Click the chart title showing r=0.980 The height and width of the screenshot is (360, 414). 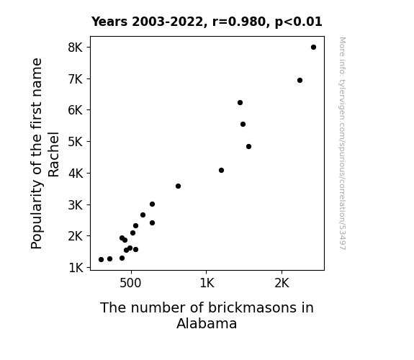click(x=207, y=22)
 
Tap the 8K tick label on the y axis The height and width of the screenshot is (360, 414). click(x=76, y=48)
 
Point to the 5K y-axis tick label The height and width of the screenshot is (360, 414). click(x=76, y=142)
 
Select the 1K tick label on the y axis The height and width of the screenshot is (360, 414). click(x=76, y=268)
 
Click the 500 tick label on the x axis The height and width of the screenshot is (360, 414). click(x=130, y=283)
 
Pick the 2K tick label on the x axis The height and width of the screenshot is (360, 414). click(x=282, y=283)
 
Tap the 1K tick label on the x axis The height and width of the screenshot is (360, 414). click(x=207, y=283)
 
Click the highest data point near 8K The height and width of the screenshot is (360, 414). click(x=313, y=48)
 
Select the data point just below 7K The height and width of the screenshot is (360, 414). click(x=300, y=81)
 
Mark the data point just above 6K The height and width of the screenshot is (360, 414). click(x=240, y=102)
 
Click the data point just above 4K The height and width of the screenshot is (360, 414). click(x=221, y=171)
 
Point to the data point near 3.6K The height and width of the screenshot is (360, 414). click(x=179, y=186)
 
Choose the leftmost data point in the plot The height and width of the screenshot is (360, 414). click(x=101, y=260)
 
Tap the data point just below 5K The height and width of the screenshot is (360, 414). click(x=248, y=147)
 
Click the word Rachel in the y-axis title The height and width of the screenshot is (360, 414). click(x=53, y=154)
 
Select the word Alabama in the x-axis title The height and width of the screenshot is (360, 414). click(x=207, y=323)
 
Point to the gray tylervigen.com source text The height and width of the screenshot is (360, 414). click(x=343, y=143)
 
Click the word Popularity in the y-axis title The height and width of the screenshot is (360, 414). click(x=37, y=215)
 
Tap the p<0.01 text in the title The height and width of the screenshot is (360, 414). click(x=299, y=22)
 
